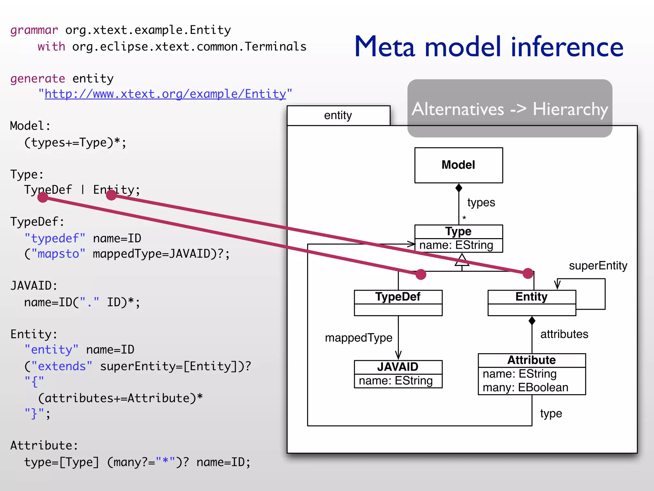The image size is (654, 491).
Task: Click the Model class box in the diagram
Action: (458, 165)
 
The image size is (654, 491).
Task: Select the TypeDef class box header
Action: (398, 297)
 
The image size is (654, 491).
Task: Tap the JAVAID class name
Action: (398, 367)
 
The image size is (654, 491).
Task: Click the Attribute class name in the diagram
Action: (531, 360)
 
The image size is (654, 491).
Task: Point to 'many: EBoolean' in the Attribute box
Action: (525, 387)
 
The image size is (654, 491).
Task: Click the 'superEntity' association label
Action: (598, 266)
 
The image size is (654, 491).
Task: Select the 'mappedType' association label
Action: (358, 338)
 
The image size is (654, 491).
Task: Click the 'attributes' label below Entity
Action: (564, 334)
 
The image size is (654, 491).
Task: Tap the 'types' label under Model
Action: (481, 202)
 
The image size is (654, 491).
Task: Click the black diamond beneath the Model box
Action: (459, 188)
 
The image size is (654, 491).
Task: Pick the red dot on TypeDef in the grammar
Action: (43, 197)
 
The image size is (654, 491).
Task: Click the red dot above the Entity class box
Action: (528, 273)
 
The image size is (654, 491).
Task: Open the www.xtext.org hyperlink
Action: (165, 94)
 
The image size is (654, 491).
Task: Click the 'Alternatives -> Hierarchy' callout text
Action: (510, 109)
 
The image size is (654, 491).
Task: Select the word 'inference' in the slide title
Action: (567, 47)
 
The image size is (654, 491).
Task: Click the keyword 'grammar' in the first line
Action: (34, 30)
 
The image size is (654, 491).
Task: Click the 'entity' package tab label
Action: (338, 115)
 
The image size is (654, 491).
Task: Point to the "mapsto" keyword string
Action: (58, 254)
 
